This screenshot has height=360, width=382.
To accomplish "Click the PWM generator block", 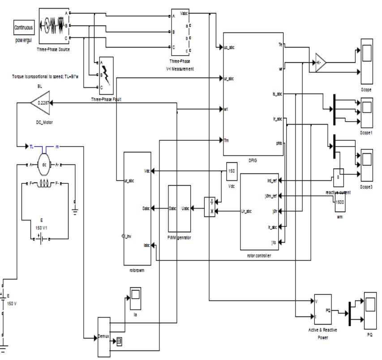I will (179, 208).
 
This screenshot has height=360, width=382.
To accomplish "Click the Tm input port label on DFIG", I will (227, 140).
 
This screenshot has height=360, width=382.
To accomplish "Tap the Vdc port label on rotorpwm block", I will (147, 171).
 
